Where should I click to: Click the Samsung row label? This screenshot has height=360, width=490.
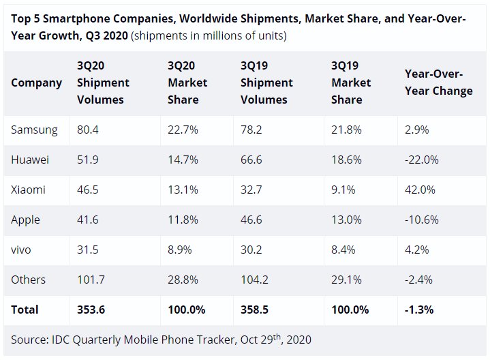(34, 130)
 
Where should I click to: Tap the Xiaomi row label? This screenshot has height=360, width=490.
(29, 190)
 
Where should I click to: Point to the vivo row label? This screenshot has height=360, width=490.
(21, 250)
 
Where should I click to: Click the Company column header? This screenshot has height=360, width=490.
(36, 82)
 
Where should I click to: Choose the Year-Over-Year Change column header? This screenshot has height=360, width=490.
(439, 82)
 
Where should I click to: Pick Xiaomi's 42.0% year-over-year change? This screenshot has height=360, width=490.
(420, 190)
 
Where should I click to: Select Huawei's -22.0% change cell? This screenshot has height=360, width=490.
(422, 160)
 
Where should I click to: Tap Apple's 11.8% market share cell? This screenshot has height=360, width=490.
(181, 220)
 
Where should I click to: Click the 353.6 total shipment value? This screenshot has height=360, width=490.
(91, 310)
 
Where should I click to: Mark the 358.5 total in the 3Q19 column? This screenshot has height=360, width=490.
(256, 310)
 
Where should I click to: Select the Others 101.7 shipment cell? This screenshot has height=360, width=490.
(91, 280)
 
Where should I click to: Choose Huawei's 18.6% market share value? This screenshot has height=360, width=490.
(343, 160)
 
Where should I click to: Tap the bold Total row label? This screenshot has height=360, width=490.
(24, 310)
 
